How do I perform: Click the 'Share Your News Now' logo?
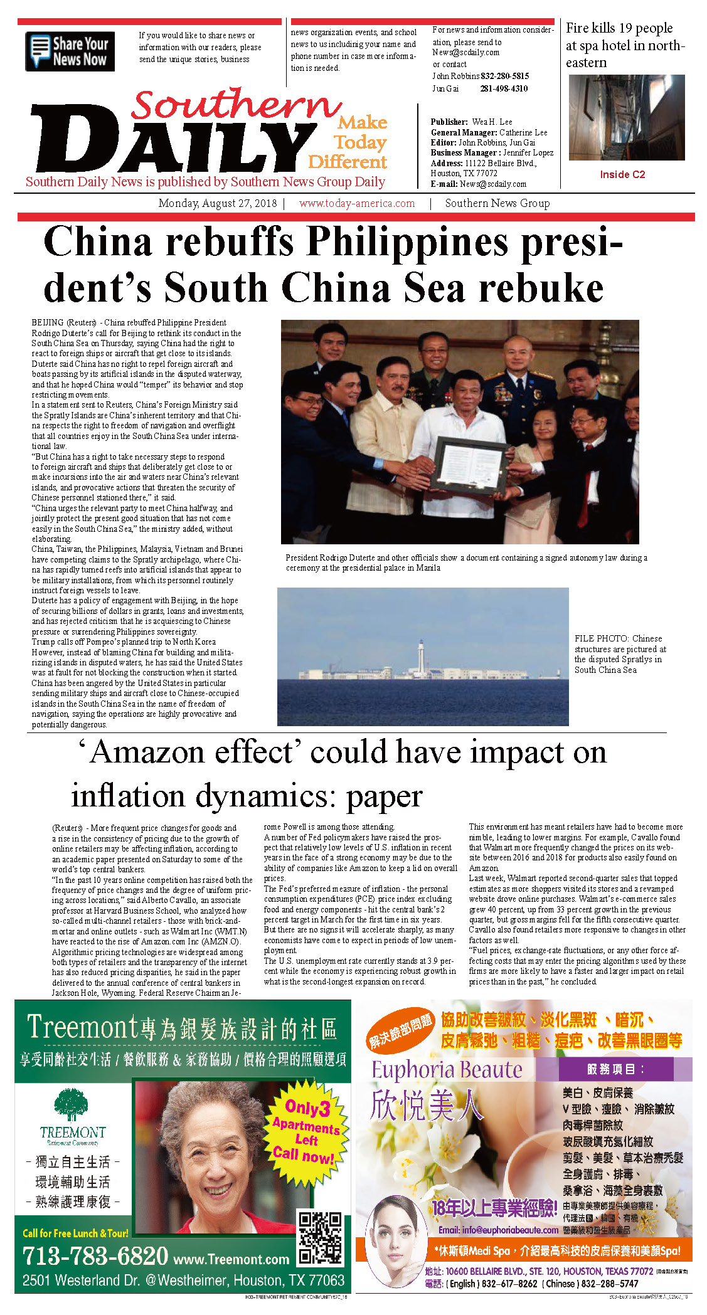click(70, 51)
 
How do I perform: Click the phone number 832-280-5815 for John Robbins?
click(504, 76)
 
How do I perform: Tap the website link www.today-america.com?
click(356, 203)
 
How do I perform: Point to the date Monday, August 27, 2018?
click(217, 203)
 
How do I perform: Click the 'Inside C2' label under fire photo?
click(622, 174)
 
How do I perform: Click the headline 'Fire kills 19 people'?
click(619, 28)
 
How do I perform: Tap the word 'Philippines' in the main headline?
click(410, 242)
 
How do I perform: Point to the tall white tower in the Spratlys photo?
click(419, 656)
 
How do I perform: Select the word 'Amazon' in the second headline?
click(191, 752)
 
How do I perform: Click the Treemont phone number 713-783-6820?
click(95, 1256)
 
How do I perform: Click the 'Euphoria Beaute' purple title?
click(447, 1070)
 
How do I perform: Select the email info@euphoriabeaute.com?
click(497, 1230)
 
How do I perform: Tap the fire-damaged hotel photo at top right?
click(626, 117)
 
